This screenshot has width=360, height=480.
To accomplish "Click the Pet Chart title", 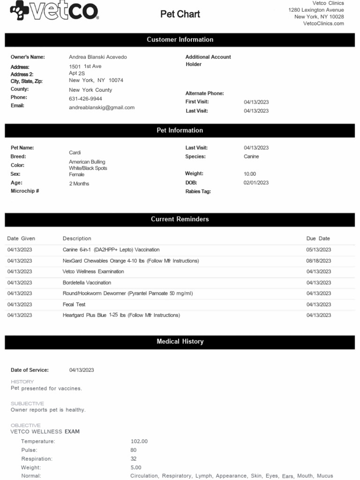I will [x=180, y=14].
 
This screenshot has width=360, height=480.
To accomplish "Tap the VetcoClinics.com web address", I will [x=323, y=23].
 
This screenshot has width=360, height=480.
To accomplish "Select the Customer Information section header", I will [x=180, y=40].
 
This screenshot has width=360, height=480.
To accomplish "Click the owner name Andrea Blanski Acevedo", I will [x=97, y=57].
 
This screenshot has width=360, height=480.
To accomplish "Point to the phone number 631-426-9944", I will [x=85, y=99].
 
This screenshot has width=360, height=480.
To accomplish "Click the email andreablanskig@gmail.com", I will [x=102, y=107].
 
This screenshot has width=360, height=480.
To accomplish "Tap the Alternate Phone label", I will [x=204, y=93].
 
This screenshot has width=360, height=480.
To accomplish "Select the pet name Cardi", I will [x=75, y=153].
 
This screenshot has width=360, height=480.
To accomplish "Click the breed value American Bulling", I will [x=87, y=162].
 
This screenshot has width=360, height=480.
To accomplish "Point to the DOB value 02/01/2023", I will [x=256, y=183].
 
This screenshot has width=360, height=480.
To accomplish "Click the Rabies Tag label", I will [x=198, y=191].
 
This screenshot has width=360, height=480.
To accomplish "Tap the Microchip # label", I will [x=25, y=191].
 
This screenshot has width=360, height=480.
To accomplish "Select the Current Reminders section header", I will [x=180, y=219].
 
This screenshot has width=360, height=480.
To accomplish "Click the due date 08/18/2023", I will [x=319, y=261].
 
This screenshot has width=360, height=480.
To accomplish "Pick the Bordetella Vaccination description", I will [x=87, y=283].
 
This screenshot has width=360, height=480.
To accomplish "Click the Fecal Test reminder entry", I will [x=74, y=304].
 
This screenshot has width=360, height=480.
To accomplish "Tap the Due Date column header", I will [x=318, y=239].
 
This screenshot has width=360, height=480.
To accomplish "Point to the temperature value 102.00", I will [x=139, y=441].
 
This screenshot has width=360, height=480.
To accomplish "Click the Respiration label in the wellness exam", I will [x=37, y=458].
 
